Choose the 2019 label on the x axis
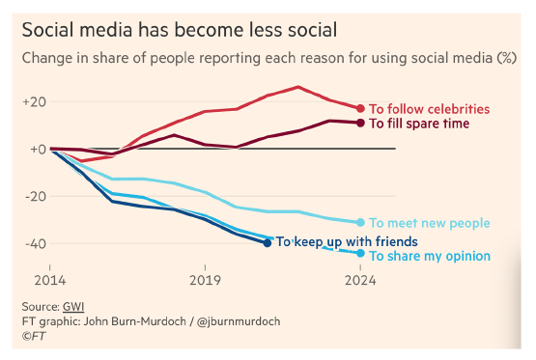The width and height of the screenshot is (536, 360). pyautogui.click(x=204, y=281)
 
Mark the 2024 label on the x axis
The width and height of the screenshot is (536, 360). pyautogui.click(x=359, y=281)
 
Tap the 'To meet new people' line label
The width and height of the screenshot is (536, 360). pyautogui.click(x=430, y=223)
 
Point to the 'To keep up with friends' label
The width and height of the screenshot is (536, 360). pyautogui.click(x=347, y=241)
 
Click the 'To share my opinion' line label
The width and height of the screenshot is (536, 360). pyautogui.click(x=431, y=256)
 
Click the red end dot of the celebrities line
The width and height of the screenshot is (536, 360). pyautogui.click(x=361, y=108)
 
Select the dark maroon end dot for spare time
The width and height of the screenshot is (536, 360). pyautogui.click(x=361, y=123)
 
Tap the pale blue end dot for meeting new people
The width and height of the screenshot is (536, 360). pyautogui.click(x=361, y=222)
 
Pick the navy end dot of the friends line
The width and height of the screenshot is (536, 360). pyautogui.click(x=268, y=242)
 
